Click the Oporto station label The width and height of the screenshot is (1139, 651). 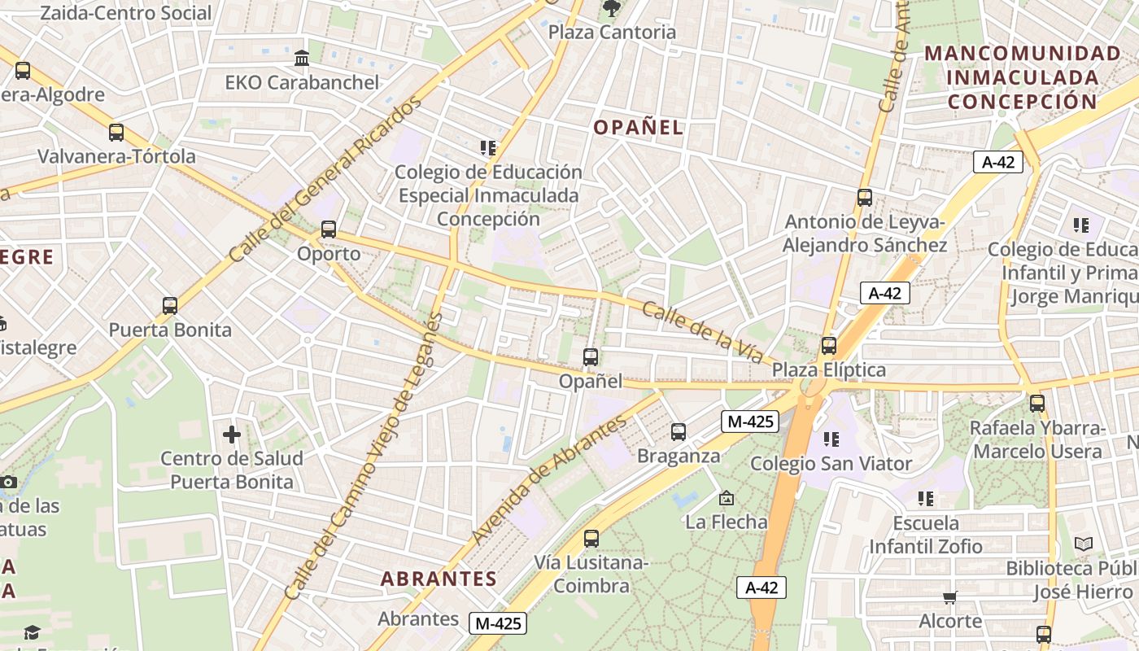pyautogui.click(x=329, y=254)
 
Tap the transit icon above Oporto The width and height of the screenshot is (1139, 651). pyautogui.click(x=329, y=229)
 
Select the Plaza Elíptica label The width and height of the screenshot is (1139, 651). pyautogui.click(x=829, y=370)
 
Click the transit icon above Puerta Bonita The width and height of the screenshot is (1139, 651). pyautogui.click(x=170, y=306)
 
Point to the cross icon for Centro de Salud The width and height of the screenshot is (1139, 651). pyautogui.click(x=232, y=435)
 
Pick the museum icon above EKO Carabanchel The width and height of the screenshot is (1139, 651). pyautogui.click(x=302, y=59)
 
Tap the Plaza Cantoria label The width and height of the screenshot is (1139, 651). pyautogui.click(x=612, y=33)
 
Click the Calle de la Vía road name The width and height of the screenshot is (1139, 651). pyautogui.click(x=702, y=333)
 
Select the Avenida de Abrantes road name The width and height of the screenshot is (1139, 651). pyautogui.click(x=550, y=480)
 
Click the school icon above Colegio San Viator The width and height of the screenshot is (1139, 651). pyautogui.click(x=831, y=439)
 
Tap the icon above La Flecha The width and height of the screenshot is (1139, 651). pyautogui.click(x=727, y=498)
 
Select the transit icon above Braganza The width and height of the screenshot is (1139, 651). pyautogui.click(x=679, y=432)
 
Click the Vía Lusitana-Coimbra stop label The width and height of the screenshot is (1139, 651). pyautogui.click(x=591, y=575)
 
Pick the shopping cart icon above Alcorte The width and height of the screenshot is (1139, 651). pyautogui.click(x=949, y=598)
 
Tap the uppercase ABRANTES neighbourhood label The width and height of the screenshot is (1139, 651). pyautogui.click(x=439, y=579)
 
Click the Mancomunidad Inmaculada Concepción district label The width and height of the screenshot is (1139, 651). pyautogui.click(x=1023, y=78)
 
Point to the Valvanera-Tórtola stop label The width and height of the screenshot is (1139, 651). pyautogui.click(x=116, y=156)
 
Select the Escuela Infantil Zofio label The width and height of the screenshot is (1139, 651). pyautogui.click(x=926, y=535)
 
